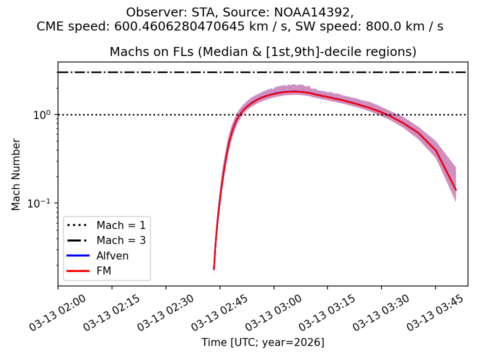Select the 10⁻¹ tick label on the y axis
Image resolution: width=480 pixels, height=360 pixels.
tap(42, 203)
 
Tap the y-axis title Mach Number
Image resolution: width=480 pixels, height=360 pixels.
tap(16, 174)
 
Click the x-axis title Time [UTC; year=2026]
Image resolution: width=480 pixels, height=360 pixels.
tap(263, 342)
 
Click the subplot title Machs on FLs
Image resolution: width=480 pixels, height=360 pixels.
tap(263, 52)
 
